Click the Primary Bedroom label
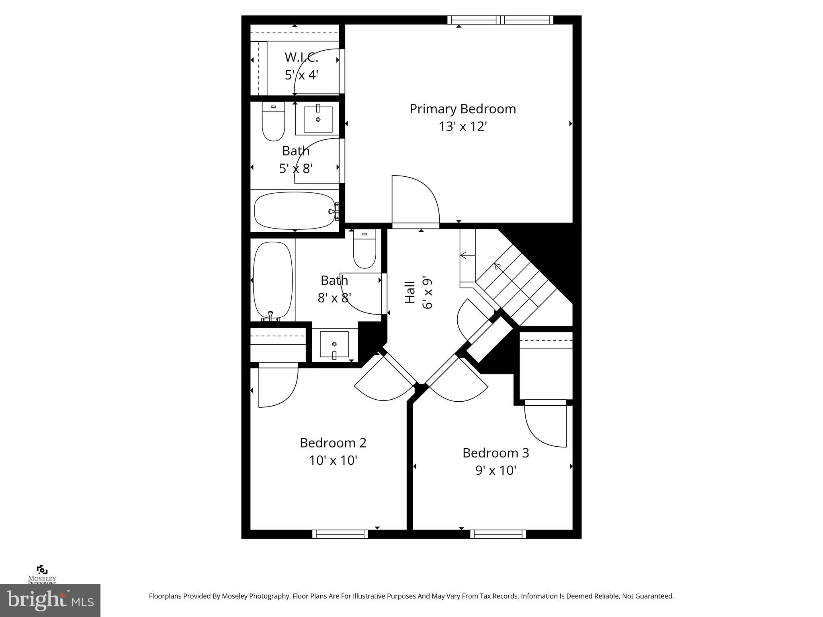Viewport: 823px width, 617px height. [x=463, y=109]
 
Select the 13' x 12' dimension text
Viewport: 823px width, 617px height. [x=463, y=127]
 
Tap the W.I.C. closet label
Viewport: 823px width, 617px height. [x=301, y=57]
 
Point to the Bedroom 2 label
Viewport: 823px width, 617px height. [x=333, y=443]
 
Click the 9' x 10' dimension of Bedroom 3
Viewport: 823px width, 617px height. [x=495, y=470]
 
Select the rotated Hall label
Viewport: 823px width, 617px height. [x=409, y=292]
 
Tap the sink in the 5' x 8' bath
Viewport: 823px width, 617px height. [x=318, y=119]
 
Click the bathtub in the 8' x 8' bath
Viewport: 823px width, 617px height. [x=272, y=280]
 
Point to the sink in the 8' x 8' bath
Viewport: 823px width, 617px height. [x=334, y=345]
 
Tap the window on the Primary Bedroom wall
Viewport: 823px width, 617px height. [x=500, y=20]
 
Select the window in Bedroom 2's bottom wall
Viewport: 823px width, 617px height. [x=340, y=534]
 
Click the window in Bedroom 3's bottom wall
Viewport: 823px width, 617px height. [x=498, y=534]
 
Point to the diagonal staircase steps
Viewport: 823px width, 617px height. [x=518, y=281]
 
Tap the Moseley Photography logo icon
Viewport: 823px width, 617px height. [x=42, y=570]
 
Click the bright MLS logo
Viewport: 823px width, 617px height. [x=50, y=600]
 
